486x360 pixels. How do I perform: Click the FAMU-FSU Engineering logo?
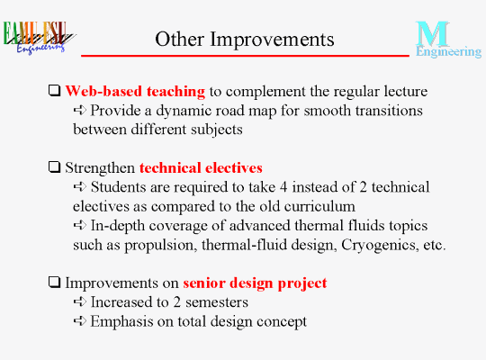point(39,38)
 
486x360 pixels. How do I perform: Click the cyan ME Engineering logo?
point(448,40)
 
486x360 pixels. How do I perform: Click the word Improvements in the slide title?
point(272,40)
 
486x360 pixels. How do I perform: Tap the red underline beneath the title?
point(245,56)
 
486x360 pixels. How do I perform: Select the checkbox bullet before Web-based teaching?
point(55,91)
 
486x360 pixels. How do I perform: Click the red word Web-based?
point(103,91)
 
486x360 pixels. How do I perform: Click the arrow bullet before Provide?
point(80,110)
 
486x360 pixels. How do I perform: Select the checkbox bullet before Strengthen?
point(55,167)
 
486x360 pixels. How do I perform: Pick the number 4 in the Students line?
point(283,187)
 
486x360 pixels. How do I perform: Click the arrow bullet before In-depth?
point(80,225)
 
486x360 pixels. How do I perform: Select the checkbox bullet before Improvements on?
point(55,283)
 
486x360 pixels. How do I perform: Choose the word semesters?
point(217,302)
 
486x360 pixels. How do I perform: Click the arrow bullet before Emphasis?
point(80,320)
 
